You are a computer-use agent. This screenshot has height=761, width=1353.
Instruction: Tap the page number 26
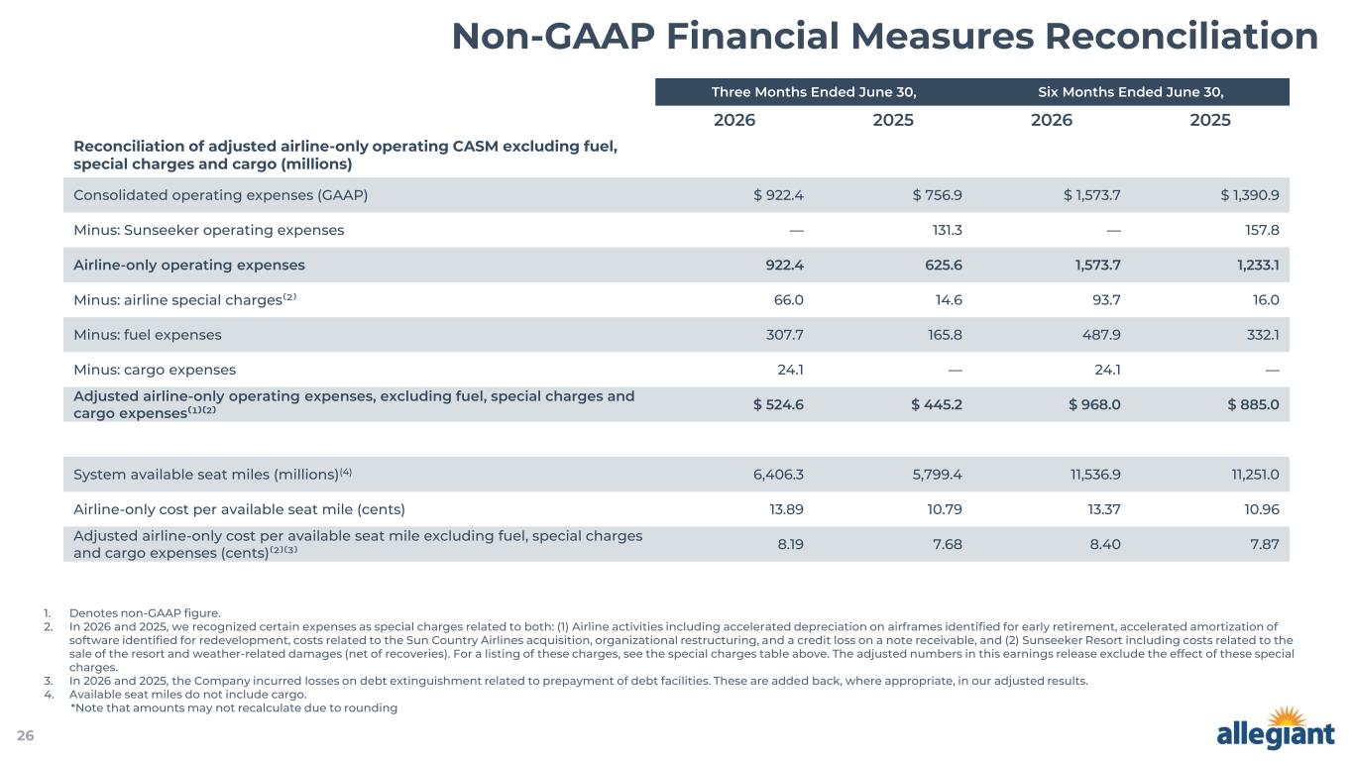(26, 735)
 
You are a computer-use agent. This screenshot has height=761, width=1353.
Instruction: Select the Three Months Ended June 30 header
(814, 92)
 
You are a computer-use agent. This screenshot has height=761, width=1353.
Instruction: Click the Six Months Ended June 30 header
(1131, 92)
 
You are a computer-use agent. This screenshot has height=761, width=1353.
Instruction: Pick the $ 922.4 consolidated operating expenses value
(778, 195)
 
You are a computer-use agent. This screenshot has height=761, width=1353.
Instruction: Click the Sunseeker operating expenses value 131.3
(947, 230)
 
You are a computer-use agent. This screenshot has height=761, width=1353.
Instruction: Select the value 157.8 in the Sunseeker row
(1262, 230)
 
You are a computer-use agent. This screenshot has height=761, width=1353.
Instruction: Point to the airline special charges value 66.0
(788, 300)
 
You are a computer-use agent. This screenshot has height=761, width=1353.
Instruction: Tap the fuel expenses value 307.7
(785, 335)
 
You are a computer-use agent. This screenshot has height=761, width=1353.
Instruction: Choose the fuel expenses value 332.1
(1263, 335)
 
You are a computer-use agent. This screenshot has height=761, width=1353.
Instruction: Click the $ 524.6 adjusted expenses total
(778, 404)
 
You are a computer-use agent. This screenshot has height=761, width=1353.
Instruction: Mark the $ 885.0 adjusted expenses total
(1253, 404)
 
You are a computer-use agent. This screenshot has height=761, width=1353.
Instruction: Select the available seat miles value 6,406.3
(778, 475)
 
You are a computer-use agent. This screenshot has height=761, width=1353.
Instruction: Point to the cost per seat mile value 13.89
(786, 509)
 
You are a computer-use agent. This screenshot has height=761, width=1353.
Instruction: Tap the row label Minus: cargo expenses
(155, 370)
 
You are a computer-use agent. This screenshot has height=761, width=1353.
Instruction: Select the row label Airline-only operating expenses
(189, 266)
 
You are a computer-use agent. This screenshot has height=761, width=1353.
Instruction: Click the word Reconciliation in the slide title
(1182, 37)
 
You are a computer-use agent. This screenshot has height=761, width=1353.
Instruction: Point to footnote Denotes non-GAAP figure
(145, 613)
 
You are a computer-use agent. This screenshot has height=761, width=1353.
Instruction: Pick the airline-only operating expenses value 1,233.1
(1258, 266)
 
